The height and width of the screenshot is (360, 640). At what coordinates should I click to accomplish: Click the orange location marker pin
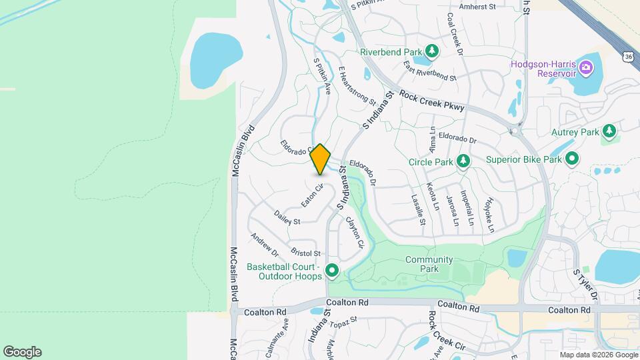[321, 159]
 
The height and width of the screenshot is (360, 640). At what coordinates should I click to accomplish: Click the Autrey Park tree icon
[609, 131]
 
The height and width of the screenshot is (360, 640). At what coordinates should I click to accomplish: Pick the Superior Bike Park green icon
[572, 159]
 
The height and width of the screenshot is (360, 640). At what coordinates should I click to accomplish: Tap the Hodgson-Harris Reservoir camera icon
[585, 67]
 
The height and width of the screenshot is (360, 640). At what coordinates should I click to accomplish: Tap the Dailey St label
[287, 217]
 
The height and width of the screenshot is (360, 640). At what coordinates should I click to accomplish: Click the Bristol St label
[306, 253]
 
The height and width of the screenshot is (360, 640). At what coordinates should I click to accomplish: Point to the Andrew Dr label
[265, 245]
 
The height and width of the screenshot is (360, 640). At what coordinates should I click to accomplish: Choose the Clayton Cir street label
[355, 233]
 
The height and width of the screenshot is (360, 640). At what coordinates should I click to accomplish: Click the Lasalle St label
[418, 209]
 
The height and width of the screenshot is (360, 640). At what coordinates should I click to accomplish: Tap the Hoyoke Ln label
[489, 214]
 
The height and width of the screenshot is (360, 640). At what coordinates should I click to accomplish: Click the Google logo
[22, 351]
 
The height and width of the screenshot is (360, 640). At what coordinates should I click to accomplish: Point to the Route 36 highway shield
[629, 56]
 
